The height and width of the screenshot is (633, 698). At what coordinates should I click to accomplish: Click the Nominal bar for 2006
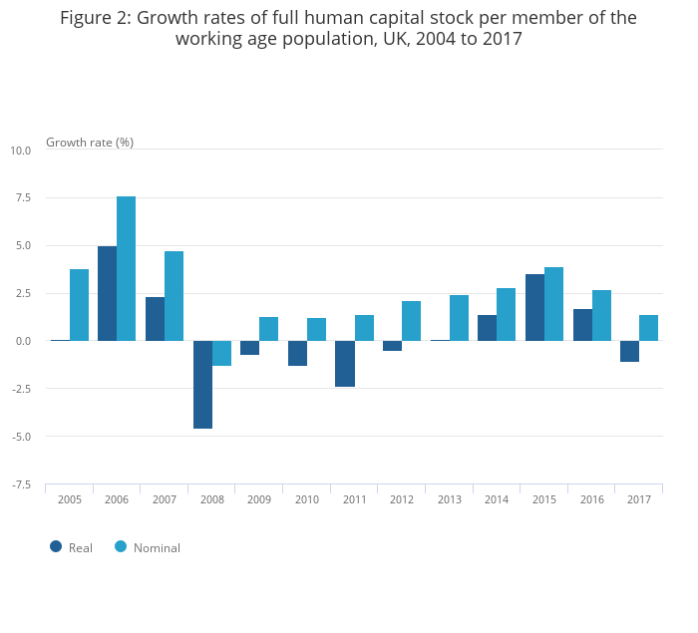[x=126, y=268]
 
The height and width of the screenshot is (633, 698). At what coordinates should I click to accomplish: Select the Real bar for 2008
[x=202, y=385]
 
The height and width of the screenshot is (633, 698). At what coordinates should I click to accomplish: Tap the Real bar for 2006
[x=107, y=293]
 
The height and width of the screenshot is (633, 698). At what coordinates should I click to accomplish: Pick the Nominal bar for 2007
[x=174, y=296]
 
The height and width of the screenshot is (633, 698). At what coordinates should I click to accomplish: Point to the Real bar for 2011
[x=345, y=364]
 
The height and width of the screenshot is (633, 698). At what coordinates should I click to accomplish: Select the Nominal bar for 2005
[x=79, y=305]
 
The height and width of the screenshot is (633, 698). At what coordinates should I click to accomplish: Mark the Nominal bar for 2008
[x=221, y=353]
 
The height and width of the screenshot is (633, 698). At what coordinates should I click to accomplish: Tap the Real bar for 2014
[x=487, y=328]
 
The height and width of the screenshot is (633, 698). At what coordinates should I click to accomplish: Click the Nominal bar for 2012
[x=411, y=321]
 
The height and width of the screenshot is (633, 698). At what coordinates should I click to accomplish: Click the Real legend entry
[x=71, y=547]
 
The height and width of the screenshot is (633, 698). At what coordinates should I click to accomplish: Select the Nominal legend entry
[x=147, y=547]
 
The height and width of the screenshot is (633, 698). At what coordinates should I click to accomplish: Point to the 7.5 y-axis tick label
[x=20, y=197]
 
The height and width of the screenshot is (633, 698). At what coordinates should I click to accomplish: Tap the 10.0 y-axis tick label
[x=20, y=151]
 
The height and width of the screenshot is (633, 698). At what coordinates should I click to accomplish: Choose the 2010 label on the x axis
[x=307, y=499]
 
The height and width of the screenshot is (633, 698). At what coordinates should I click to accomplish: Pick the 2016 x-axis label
[x=591, y=499]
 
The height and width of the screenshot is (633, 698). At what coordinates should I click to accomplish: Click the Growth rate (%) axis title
[x=90, y=142]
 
